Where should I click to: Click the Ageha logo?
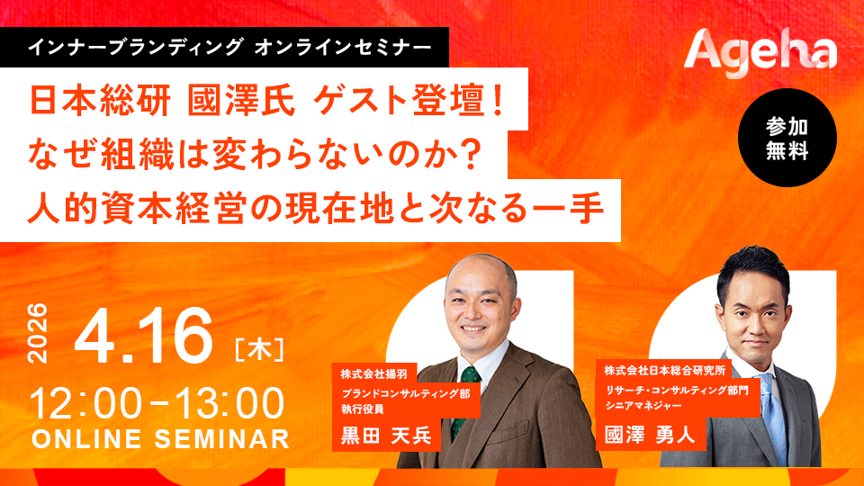[760, 52]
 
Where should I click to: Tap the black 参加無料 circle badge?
[787, 139]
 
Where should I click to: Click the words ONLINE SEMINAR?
[160, 438]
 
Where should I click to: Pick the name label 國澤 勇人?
[645, 442]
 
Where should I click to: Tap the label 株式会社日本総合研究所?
[665, 371]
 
